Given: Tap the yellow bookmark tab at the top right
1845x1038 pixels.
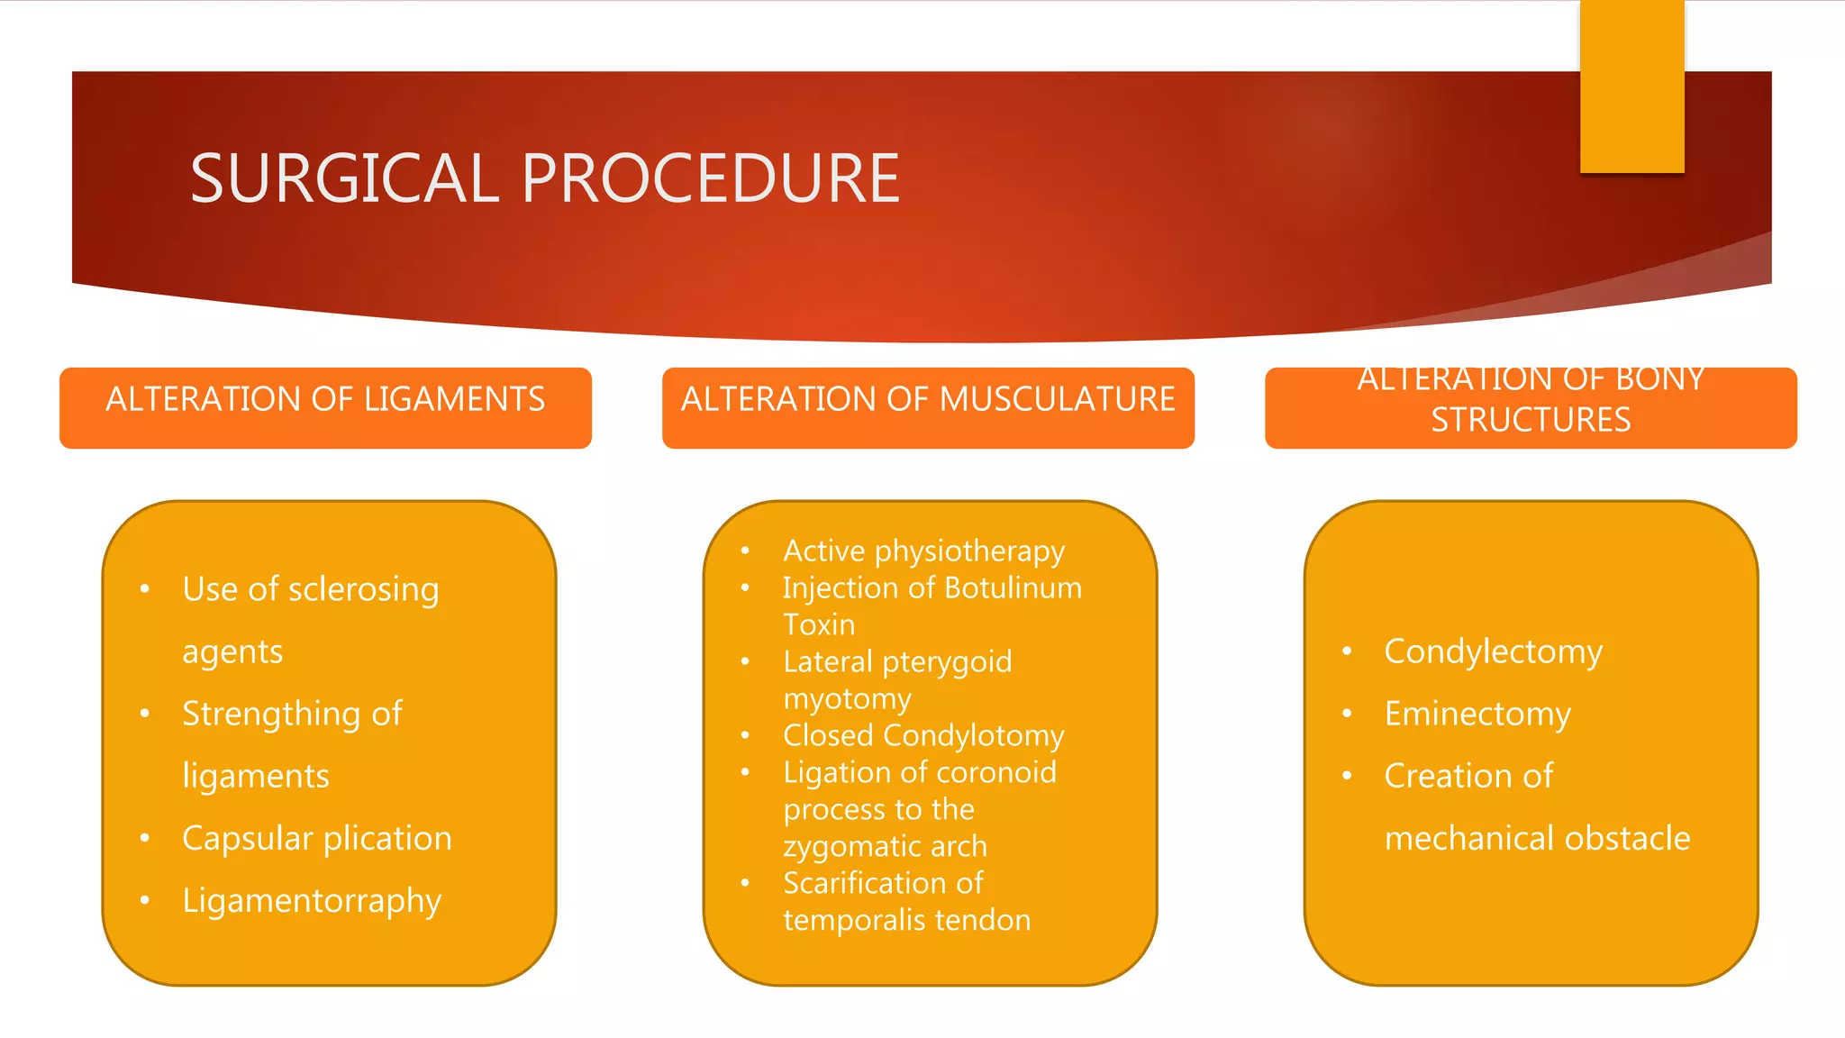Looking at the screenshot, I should [1631, 86].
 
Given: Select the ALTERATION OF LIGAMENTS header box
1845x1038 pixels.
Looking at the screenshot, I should [325, 407].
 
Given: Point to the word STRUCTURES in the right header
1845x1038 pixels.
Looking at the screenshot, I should [1531, 420].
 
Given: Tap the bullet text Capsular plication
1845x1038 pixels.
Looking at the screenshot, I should [316, 839].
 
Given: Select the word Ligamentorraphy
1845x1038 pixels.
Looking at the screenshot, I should [312, 901].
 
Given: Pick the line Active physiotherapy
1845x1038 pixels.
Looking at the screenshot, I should [923, 551].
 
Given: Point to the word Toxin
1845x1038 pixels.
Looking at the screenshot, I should [818, 624].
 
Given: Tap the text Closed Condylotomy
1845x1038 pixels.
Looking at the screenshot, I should [923, 736].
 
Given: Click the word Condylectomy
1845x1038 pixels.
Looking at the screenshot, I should [1493, 651].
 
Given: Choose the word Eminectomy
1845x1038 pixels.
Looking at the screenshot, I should [1477, 715].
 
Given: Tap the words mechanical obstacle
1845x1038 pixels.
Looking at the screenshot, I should [1537, 839].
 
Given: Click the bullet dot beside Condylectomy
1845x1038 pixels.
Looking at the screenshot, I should [1347, 651].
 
